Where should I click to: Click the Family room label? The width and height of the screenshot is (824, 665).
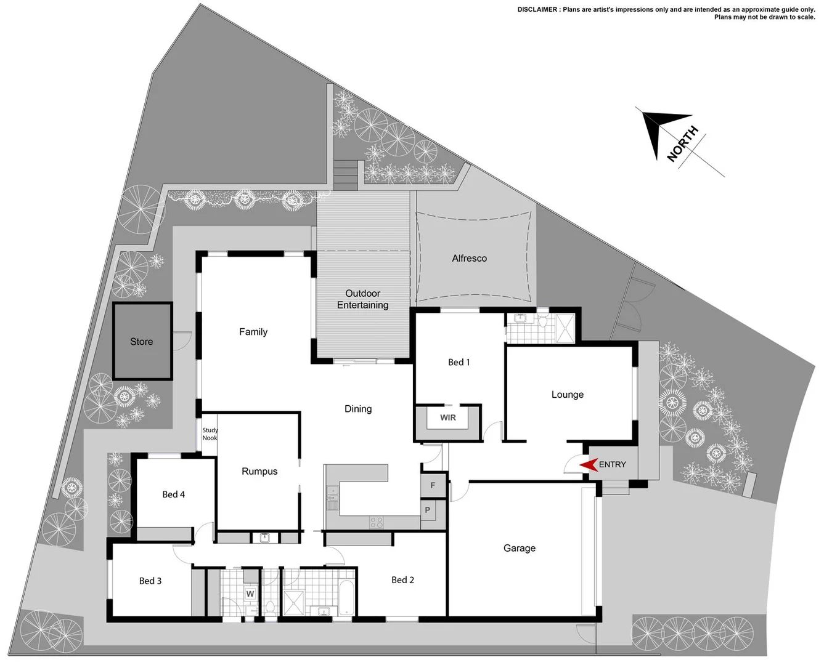[253, 332]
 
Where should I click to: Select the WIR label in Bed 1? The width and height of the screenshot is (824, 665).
[448, 418]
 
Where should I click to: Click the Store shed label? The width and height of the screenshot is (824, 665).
[141, 342]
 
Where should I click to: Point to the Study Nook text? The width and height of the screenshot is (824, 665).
[210, 434]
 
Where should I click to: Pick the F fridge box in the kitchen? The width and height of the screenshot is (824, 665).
[433, 486]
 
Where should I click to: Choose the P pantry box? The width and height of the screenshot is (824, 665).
[428, 510]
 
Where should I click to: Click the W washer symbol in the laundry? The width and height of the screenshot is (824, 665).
[250, 594]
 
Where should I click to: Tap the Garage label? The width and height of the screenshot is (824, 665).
[519, 548]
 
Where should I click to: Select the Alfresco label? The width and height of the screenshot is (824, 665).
[469, 259]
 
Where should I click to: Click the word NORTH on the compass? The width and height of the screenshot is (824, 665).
[683, 144]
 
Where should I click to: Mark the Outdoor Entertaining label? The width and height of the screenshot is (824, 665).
[362, 299]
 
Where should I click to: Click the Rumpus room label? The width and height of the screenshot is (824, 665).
[259, 472]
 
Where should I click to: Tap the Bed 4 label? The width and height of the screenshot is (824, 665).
[173, 494]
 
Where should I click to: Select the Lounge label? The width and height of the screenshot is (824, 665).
[567, 395]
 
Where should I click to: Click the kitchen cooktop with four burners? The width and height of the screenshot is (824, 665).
[377, 523]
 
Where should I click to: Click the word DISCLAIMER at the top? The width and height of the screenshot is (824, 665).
[538, 9]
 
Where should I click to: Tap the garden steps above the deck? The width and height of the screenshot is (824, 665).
[346, 174]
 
